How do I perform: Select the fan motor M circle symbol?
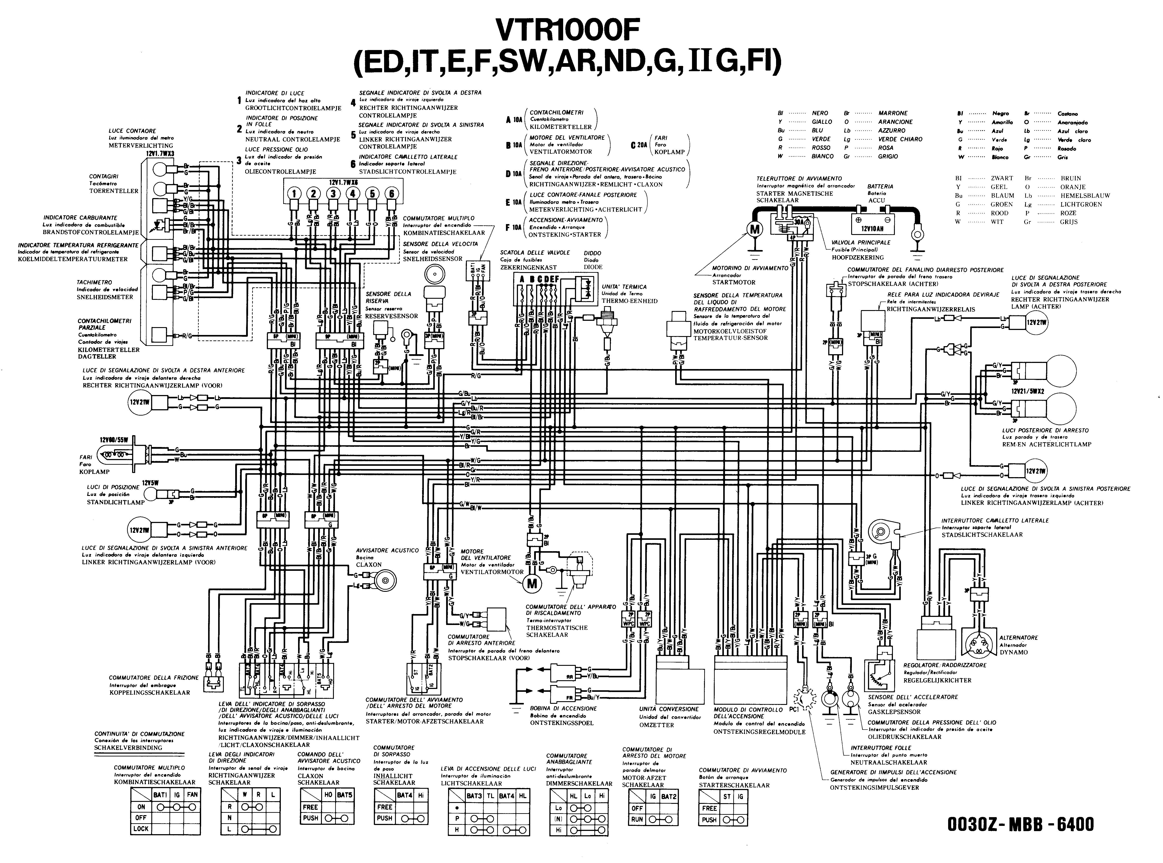pos(532,583)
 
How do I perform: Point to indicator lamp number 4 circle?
pos(352,194)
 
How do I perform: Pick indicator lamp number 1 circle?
pos(294,194)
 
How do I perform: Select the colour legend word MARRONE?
pos(893,113)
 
